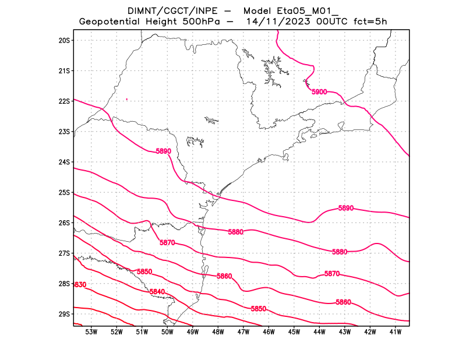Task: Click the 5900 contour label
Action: point(319,92)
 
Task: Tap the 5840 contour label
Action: point(157,292)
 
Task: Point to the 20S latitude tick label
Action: point(64,40)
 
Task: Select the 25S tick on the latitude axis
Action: point(64,192)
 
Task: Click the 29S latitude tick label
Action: point(64,314)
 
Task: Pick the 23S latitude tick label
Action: point(64,132)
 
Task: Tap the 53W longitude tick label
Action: point(91,332)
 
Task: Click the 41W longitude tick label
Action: point(396,332)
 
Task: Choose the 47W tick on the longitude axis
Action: point(243,332)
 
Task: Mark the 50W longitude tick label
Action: point(167,332)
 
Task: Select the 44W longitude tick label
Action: point(319,332)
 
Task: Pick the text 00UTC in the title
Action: point(328,22)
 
